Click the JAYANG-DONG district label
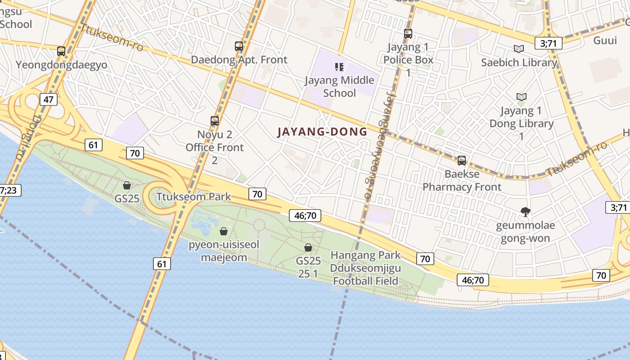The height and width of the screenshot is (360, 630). click(x=322, y=132)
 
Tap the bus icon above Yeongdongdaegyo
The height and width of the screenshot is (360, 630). click(x=61, y=51)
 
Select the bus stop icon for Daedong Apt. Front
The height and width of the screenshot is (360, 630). click(x=239, y=46)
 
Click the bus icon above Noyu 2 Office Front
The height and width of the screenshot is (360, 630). click(x=215, y=121)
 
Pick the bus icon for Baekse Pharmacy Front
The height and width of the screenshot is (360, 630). click(x=461, y=160)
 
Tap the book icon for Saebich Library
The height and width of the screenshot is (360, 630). click(x=519, y=49)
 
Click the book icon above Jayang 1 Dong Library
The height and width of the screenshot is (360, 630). click(x=522, y=97)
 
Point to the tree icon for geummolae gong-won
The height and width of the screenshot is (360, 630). click(x=525, y=211)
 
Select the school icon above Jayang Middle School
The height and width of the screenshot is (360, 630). click(x=339, y=67)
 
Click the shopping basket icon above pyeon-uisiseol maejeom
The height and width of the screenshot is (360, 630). click(x=223, y=231)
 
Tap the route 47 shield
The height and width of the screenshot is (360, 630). click(x=48, y=99)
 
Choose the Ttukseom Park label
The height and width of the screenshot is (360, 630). click(x=193, y=197)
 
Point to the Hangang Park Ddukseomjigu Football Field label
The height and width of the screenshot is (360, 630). click(x=365, y=268)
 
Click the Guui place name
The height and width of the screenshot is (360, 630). click(x=605, y=40)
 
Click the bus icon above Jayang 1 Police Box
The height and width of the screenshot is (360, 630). click(x=408, y=33)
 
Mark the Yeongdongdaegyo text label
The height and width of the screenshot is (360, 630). click(x=62, y=65)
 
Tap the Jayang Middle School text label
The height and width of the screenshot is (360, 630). click(x=340, y=86)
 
